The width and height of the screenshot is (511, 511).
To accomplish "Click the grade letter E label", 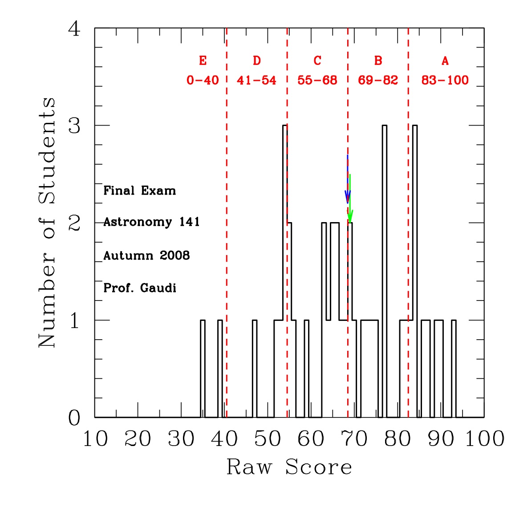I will point(203,61).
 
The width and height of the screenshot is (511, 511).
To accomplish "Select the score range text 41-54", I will point(256,81).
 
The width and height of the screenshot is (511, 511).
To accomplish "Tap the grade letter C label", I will point(317,61).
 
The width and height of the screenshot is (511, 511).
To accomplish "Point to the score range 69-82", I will point(378,81).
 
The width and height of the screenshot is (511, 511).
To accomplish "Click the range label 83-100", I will point(445,81).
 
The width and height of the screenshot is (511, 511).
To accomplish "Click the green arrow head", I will point(350,217).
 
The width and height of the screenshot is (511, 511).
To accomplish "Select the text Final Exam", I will point(140,191).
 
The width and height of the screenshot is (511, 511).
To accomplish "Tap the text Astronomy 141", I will point(151,222).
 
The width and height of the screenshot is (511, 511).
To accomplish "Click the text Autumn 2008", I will point(146,255).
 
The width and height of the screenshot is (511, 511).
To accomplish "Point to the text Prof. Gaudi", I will point(140,288).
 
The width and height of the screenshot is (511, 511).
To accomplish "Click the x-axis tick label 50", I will point(268,439).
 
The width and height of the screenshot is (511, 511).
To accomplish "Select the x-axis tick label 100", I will point(485,439).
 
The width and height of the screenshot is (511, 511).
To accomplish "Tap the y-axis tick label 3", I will point(74,126).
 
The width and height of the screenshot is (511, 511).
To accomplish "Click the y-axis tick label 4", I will point(74,29).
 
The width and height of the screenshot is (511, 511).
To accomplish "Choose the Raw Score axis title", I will point(289,467).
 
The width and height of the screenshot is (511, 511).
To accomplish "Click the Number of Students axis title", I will point(47,223).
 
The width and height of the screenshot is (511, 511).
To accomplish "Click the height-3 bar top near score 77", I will point(384,126).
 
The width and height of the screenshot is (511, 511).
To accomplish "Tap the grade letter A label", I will point(445,61).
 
